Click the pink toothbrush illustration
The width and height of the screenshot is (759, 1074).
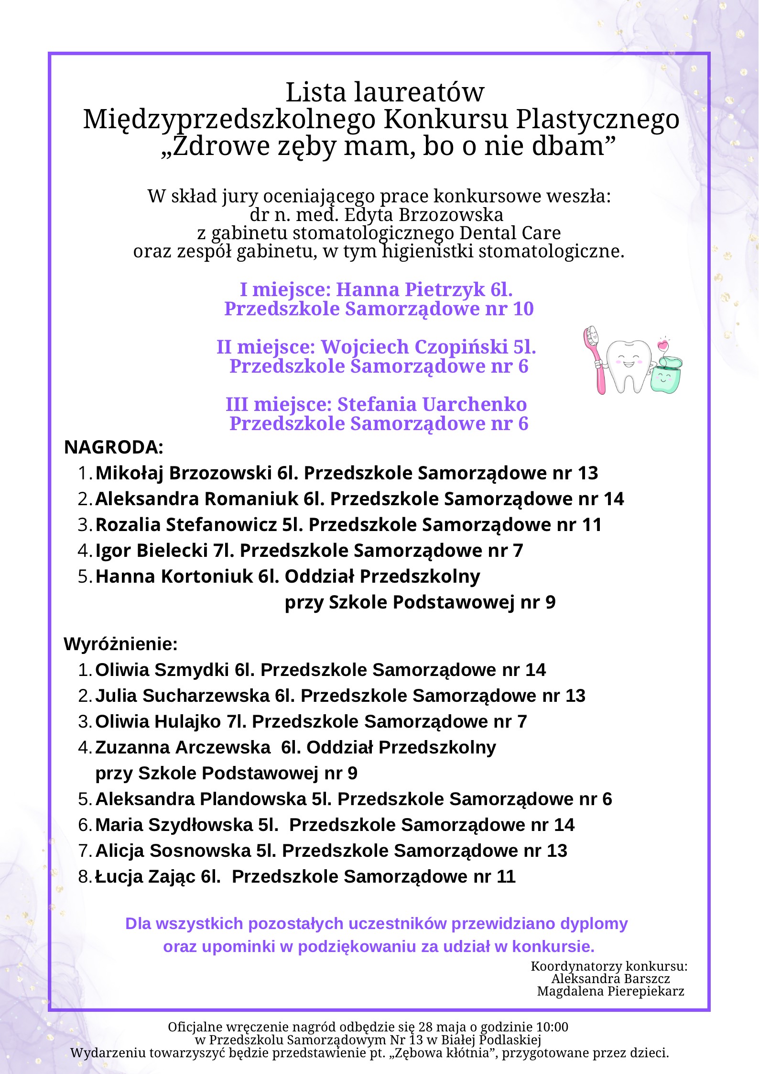596,359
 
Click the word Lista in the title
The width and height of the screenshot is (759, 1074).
315,92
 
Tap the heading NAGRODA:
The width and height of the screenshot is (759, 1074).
114,447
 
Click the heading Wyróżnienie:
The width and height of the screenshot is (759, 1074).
120,644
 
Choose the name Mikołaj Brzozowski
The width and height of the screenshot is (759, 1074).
184,473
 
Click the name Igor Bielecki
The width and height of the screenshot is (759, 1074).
151,551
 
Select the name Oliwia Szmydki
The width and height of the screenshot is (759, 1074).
162,670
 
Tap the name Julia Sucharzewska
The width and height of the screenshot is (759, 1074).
182,696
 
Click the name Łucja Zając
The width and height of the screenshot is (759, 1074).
146,876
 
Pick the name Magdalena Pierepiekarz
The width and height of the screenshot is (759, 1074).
610,991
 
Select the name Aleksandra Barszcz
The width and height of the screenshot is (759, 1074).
610,978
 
